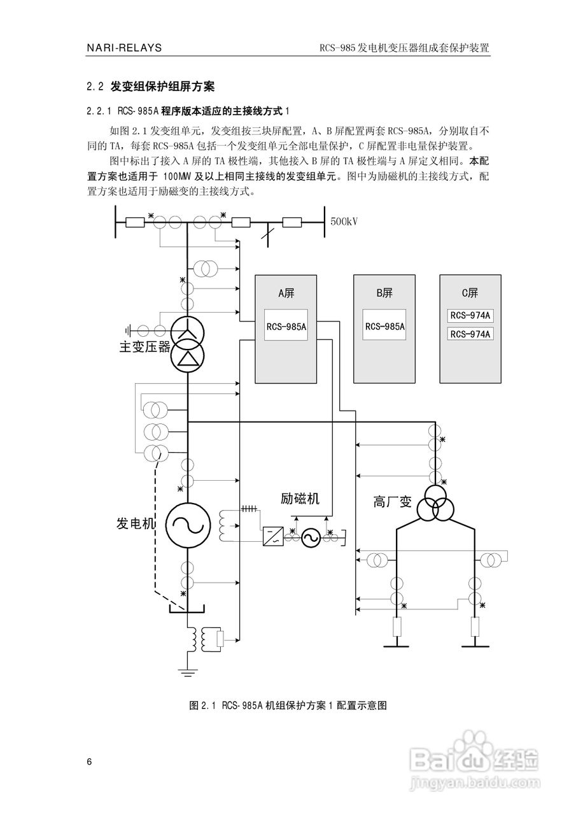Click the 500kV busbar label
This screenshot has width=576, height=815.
coord(344,222)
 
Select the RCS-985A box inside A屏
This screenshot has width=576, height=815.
coord(286,327)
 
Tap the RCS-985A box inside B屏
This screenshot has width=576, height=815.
coord(385,327)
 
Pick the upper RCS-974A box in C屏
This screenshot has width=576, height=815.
coord(470,316)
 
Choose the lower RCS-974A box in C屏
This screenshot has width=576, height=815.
coord(470,334)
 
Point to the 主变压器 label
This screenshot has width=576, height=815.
coord(145,347)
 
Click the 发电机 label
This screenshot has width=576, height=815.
coord(136,524)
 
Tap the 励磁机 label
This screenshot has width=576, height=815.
coord(300,498)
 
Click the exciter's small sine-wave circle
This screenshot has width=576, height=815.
coord(311,539)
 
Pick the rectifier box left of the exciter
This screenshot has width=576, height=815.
coord(273,536)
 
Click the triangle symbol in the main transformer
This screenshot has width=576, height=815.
coord(188,360)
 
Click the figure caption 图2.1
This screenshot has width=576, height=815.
coord(288,705)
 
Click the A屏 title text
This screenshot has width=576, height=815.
coord(286,293)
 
